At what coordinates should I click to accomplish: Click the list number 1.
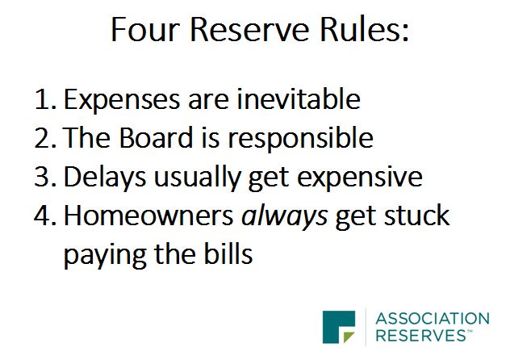(x=44, y=100)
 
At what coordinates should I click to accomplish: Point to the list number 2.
(x=44, y=139)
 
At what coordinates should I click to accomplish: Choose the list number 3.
(x=44, y=178)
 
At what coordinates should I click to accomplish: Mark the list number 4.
(x=44, y=216)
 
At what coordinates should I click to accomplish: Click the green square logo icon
(x=338, y=326)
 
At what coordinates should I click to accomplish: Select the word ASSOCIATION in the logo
(x=434, y=318)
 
